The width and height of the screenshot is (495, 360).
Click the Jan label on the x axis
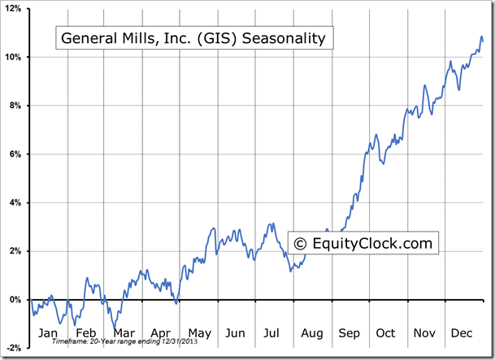(x=48, y=333)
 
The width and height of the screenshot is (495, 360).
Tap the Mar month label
(x=124, y=333)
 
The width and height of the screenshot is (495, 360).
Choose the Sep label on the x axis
(x=349, y=333)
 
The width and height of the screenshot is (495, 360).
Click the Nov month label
(x=424, y=333)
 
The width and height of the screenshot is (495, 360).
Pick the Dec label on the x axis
(x=462, y=333)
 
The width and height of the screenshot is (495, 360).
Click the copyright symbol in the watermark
(x=300, y=243)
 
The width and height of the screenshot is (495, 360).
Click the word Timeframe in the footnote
(x=67, y=343)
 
